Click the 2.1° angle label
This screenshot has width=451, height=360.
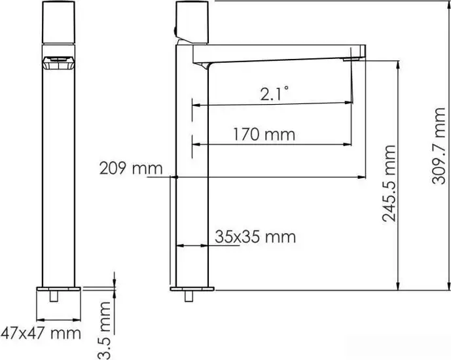click(274, 95)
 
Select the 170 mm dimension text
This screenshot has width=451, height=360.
click(264, 135)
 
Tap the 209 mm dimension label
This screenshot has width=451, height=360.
click(130, 169)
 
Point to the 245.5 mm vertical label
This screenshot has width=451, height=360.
click(389, 185)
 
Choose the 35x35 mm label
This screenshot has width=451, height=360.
click(256, 236)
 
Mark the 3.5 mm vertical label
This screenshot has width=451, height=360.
click(104, 330)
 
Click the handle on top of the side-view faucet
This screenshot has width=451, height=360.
click(192, 20)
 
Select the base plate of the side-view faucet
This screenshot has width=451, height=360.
click(192, 288)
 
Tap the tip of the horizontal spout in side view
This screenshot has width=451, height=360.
click(360, 52)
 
